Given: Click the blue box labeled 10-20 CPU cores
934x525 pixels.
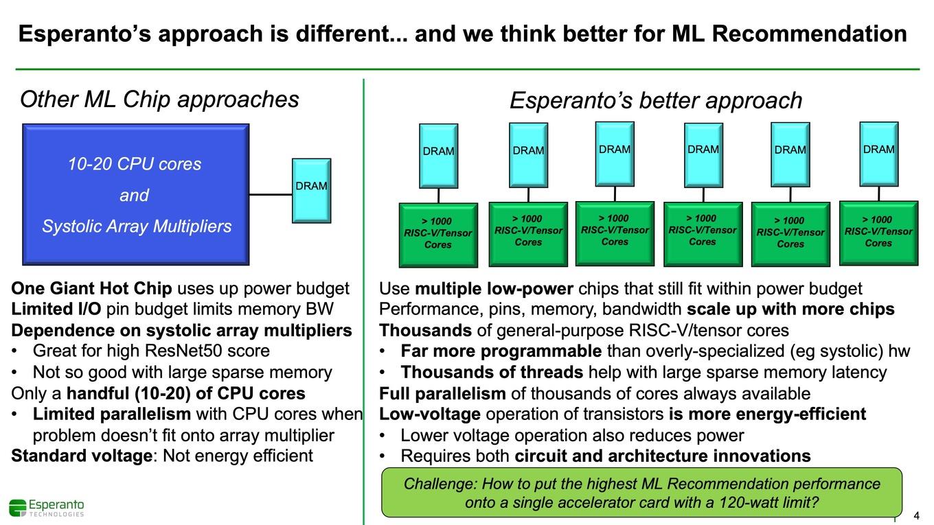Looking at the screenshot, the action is coord(136,194).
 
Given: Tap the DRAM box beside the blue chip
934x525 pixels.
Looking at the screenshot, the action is coord(312,190).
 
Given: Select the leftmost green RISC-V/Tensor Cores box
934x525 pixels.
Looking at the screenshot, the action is coord(438,235).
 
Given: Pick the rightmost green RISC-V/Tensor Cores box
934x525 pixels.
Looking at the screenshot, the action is coord(878,233).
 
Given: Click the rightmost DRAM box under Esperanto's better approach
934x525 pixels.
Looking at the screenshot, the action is coord(879,154).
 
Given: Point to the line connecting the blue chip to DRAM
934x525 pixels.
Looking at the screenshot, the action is coord(271,194).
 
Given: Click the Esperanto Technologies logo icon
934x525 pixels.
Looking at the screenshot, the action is coord(18,508).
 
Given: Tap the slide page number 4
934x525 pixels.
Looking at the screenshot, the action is coord(916,515).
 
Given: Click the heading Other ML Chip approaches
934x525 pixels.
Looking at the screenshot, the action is coord(159,100).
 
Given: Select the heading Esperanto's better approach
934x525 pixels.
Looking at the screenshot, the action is coord(656,100).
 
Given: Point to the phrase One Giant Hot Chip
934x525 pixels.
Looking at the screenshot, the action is coord(92,288).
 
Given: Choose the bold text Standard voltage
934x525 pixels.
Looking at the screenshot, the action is coord(82,456).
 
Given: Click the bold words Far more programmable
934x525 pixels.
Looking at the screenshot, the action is coord(501,351).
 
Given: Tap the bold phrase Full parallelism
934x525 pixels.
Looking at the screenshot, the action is coord(442,393).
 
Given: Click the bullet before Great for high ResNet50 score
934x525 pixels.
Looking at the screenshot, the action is coord(14,351).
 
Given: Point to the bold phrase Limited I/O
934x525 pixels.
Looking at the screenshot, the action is coord(56,309).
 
